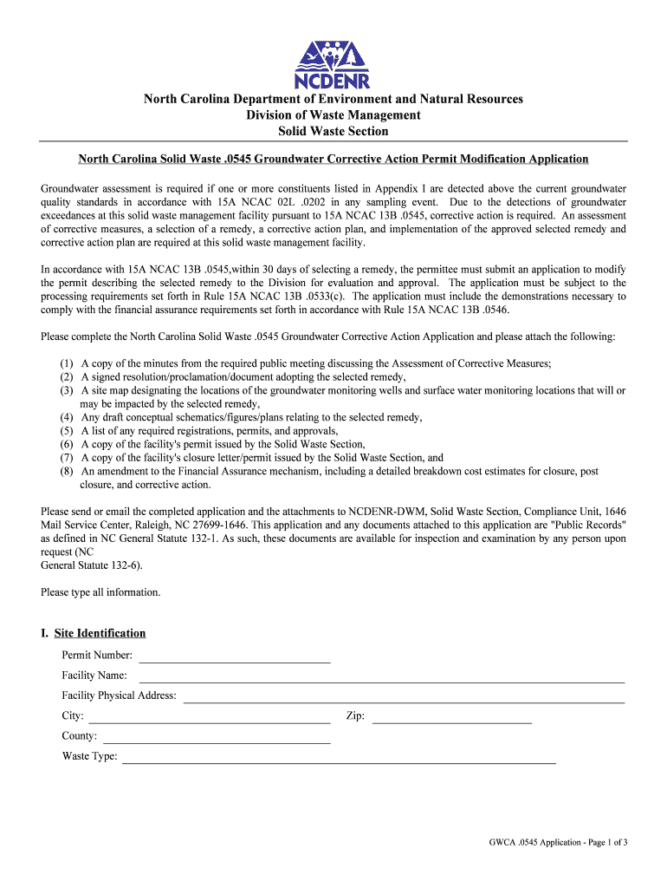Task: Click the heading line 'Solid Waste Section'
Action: click(333, 131)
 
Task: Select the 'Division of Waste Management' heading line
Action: click(333, 115)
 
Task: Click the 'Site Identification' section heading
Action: click(100, 633)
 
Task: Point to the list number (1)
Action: click(67, 363)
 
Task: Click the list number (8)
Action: click(67, 471)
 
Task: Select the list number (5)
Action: click(67, 431)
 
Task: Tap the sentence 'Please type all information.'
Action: click(100, 592)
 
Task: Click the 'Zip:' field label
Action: click(355, 716)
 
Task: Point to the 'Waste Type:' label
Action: click(89, 756)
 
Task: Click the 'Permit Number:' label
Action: click(97, 656)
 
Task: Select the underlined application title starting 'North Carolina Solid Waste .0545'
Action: click(333, 159)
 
